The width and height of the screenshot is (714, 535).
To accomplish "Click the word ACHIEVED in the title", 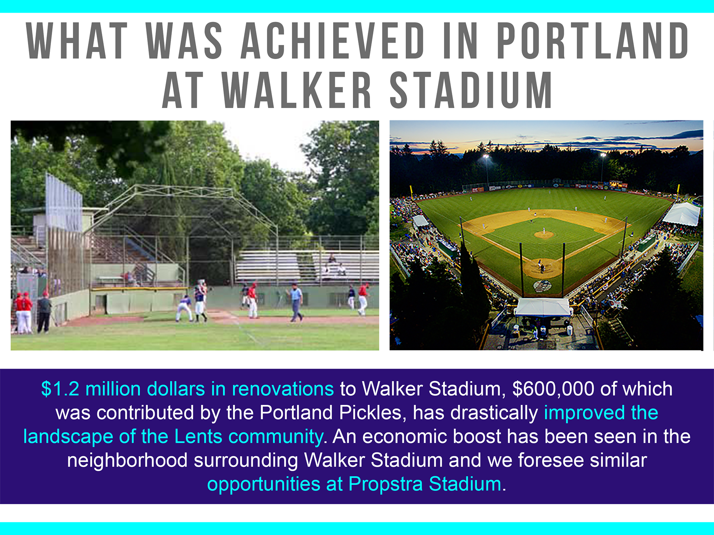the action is tap(333, 40).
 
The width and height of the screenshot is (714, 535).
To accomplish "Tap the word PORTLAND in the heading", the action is tap(593, 40).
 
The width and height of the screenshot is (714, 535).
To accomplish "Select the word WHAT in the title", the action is tap(77, 40).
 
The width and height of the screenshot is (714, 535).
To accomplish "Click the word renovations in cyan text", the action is tap(283, 389).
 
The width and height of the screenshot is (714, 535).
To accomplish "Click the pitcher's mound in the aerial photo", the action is tap(544, 234).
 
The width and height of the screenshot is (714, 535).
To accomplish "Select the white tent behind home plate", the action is tap(543, 307).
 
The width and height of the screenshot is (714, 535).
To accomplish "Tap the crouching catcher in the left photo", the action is tap(184, 309).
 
